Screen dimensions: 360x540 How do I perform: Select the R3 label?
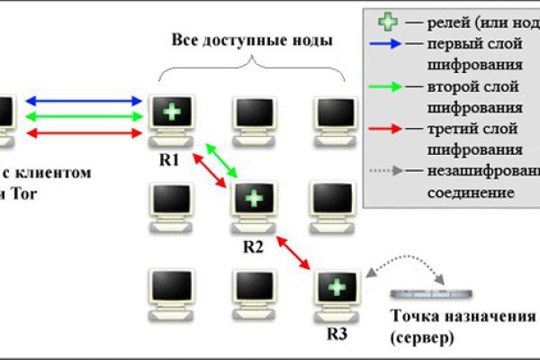pos(334,333)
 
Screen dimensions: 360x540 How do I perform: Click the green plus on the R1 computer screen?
pos(169,112)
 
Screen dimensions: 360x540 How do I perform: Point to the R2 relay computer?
pos(254,203)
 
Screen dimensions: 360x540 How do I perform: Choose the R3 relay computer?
pos(335,293)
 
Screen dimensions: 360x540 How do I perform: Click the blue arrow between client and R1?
pos(86,101)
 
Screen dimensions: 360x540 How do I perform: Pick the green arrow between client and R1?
pos(86,116)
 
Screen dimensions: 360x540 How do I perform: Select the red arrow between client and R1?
pos(86,132)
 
